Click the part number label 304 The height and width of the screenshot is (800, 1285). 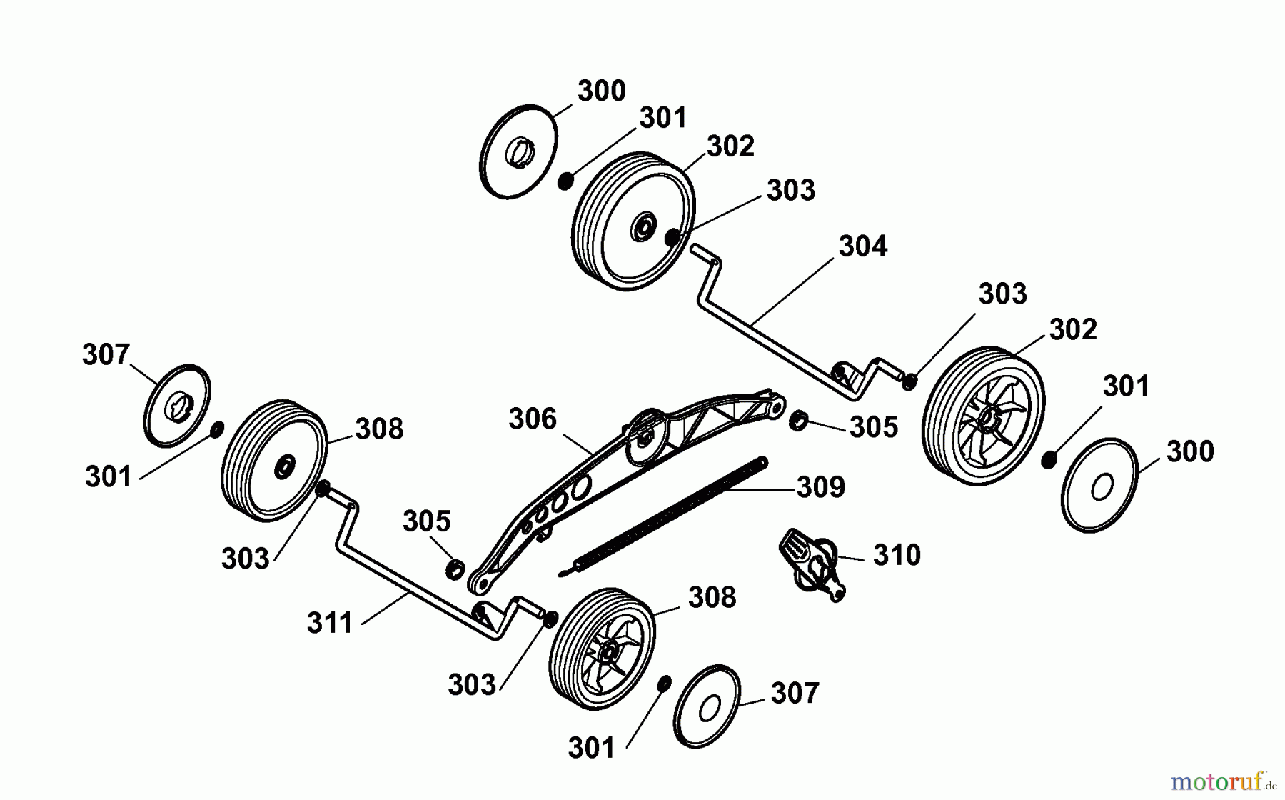pyautogui.click(x=862, y=246)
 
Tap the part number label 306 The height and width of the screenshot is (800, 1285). pyautogui.click(x=532, y=419)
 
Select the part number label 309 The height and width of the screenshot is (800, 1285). pyautogui.click(x=821, y=487)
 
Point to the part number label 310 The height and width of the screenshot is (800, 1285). pyautogui.click(x=897, y=555)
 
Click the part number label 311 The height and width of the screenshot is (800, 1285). pyautogui.click(x=330, y=623)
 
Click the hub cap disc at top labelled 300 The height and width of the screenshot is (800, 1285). pyautogui.click(x=518, y=151)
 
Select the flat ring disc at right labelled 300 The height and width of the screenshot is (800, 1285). pyautogui.click(x=1100, y=486)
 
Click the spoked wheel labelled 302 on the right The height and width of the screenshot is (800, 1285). pyautogui.click(x=984, y=417)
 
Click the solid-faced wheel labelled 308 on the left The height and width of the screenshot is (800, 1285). pyautogui.click(x=275, y=461)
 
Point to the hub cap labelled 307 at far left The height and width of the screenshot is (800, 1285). pyautogui.click(x=177, y=406)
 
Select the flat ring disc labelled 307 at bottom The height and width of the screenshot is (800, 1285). pyautogui.click(x=707, y=707)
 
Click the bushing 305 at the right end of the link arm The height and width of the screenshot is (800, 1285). pyautogui.click(x=798, y=421)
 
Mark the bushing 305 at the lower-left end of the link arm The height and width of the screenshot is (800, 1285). pyautogui.click(x=455, y=569)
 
